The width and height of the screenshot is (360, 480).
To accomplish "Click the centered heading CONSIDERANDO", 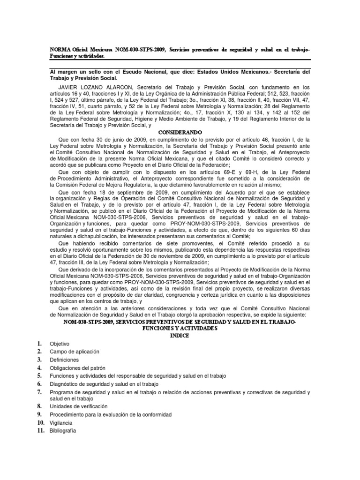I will click(180, 132).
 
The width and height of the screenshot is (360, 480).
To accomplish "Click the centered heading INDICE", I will click(180, 336).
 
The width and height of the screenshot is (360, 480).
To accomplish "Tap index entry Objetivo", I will click(59, 344).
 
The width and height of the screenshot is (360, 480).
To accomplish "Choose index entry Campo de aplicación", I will click(75, 352).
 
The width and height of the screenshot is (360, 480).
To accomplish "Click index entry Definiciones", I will click(66, 360).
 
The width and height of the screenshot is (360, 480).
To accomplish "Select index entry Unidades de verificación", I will click(79, 406).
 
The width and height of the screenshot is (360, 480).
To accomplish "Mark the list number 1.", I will click(40, 344).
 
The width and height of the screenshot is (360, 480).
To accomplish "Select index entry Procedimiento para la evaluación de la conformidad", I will click(111, 414).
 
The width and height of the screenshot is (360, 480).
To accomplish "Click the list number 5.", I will click(40, 375).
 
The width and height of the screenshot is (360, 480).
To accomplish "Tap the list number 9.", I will click(40, 414).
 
